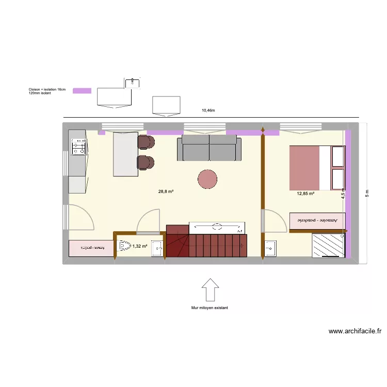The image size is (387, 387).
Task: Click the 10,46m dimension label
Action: pyautogui.click(x=208, y=110)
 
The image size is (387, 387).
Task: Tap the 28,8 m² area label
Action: pyautogui.click(x=166, y=191)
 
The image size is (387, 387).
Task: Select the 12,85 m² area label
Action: pyautogui.click(x=305, y=194)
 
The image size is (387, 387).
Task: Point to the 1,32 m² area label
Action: pyautogui.click(x=140, y=247)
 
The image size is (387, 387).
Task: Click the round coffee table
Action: pyautogui.click(x=208, y=179)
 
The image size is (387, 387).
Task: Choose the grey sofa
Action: pyautogui.click(x=209, y=148)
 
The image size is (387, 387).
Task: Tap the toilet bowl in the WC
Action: pyautogui.click(x=124, y=247)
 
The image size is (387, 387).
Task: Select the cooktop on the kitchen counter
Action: pyautogui.click(x=78, y=148)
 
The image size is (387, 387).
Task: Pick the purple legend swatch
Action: pyautogui.click(x=82, y=91)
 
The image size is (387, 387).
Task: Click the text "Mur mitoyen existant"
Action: pyautogui.click(x=209, y=308)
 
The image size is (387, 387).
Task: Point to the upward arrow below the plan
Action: pyautogui.click(x=209, y=289)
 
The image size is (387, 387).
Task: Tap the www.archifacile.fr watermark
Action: pyautogui.click(x=354, y=332)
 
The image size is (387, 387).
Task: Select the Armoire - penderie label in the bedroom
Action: pyautogui.click(x=317, y=220)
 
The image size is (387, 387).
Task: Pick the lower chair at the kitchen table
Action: pyautogui.click(x=146, y=163)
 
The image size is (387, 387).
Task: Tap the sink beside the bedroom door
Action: pyautogui.click(x=270, y=248)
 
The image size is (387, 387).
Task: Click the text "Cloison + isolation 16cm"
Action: pyautogui.click(x=47, y=90)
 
